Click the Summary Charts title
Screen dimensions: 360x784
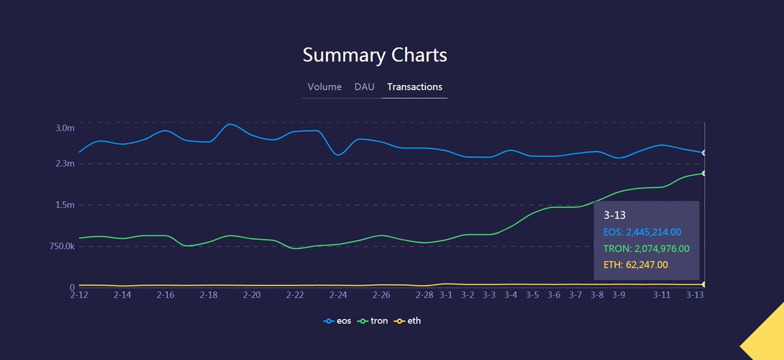click(374, 56)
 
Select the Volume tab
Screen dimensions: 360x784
click(325, 87)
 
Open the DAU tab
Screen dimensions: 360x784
click(365, 87)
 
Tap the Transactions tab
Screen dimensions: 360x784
click(414, 87)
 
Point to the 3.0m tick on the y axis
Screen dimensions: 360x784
click(65, 128)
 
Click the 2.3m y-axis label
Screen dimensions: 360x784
click(65, 163)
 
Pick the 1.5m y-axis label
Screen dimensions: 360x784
click(65, 205)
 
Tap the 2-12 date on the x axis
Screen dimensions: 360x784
click(79, 295)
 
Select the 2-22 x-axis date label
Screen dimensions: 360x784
click(295, 295)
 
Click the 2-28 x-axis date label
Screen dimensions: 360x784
click(425, 295)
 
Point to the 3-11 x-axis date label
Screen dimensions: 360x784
click(662, 295)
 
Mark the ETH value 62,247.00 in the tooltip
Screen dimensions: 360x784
click(647, 265)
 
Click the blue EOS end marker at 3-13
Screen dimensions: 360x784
click(704, 153)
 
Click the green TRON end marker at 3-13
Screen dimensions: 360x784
click(704, 173)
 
